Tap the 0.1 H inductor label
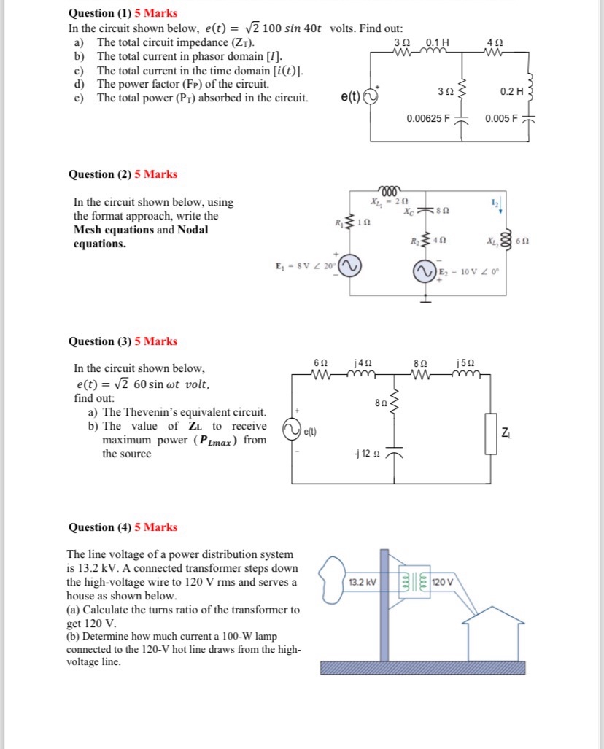click(436, 42)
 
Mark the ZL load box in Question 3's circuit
click(490, 435)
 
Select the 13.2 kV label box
click(362, 582)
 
